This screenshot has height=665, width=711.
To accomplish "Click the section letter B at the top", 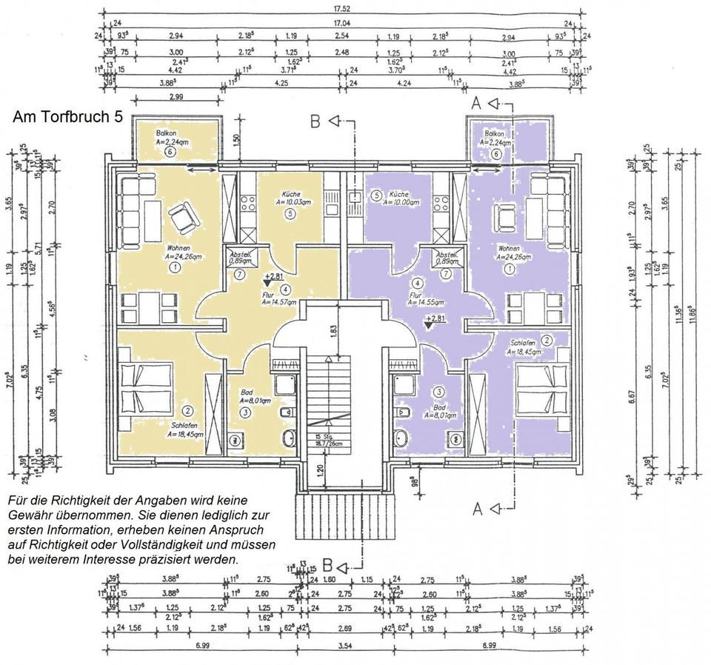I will [316, 121].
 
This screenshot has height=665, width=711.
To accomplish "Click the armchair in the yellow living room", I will [181, 218].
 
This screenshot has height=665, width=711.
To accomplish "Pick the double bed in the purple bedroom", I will [539, 387].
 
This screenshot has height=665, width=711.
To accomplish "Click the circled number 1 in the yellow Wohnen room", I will [175, 266].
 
